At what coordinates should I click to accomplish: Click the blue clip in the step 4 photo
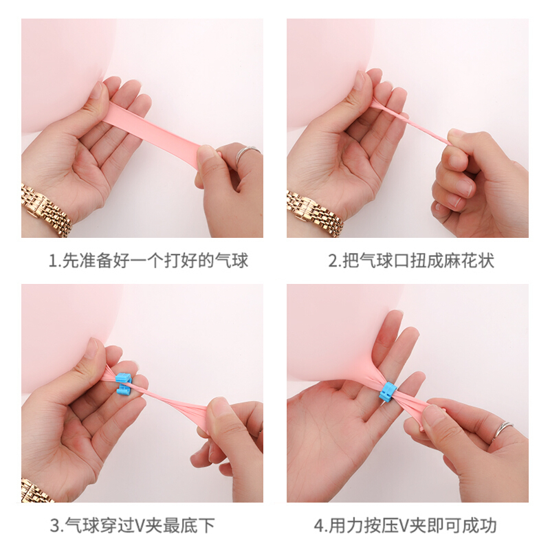(x=388, y=392)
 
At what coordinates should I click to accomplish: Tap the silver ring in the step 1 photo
(x=247, y=153)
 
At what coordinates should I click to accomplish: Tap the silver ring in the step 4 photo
(x=503, y=430)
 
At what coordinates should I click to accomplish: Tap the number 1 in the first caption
(x=52, y=261)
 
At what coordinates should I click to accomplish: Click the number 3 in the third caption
(x=56, y=525)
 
